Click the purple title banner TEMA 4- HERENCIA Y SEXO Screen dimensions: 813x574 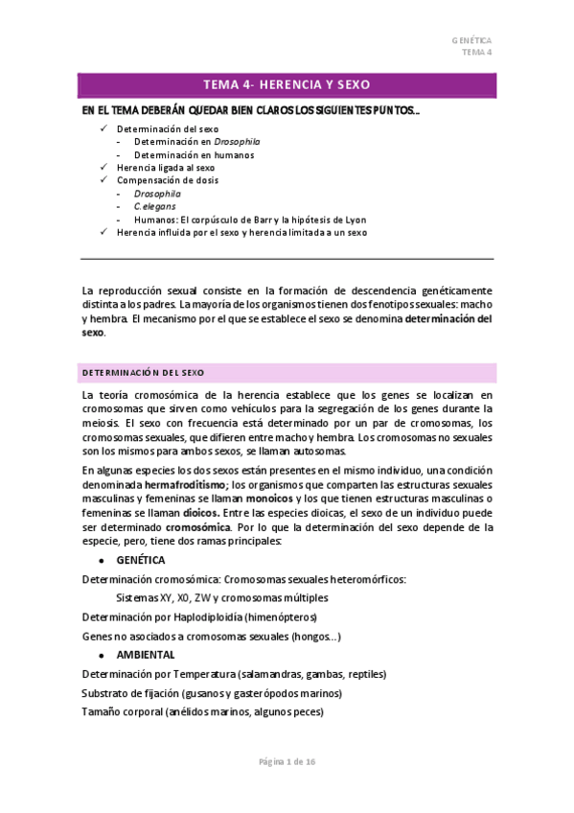[x=287, y=84]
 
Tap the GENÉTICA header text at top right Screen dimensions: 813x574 [x=471, y=41]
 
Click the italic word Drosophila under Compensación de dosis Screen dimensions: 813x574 [x=157, y=193]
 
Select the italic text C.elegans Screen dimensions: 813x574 [x=154, y=206]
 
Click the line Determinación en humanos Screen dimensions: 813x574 [x=187, y=153]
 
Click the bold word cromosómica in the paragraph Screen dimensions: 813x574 [x=197, y=526]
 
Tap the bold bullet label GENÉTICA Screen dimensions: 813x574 [x=141, y=560]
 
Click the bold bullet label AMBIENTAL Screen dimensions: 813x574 [x=146, y=655]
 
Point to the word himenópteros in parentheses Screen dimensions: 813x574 [x=280, y=616]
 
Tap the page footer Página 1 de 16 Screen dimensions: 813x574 [x=287, y=761]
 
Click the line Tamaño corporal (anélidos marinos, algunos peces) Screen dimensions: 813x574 [x=202, y=712]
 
